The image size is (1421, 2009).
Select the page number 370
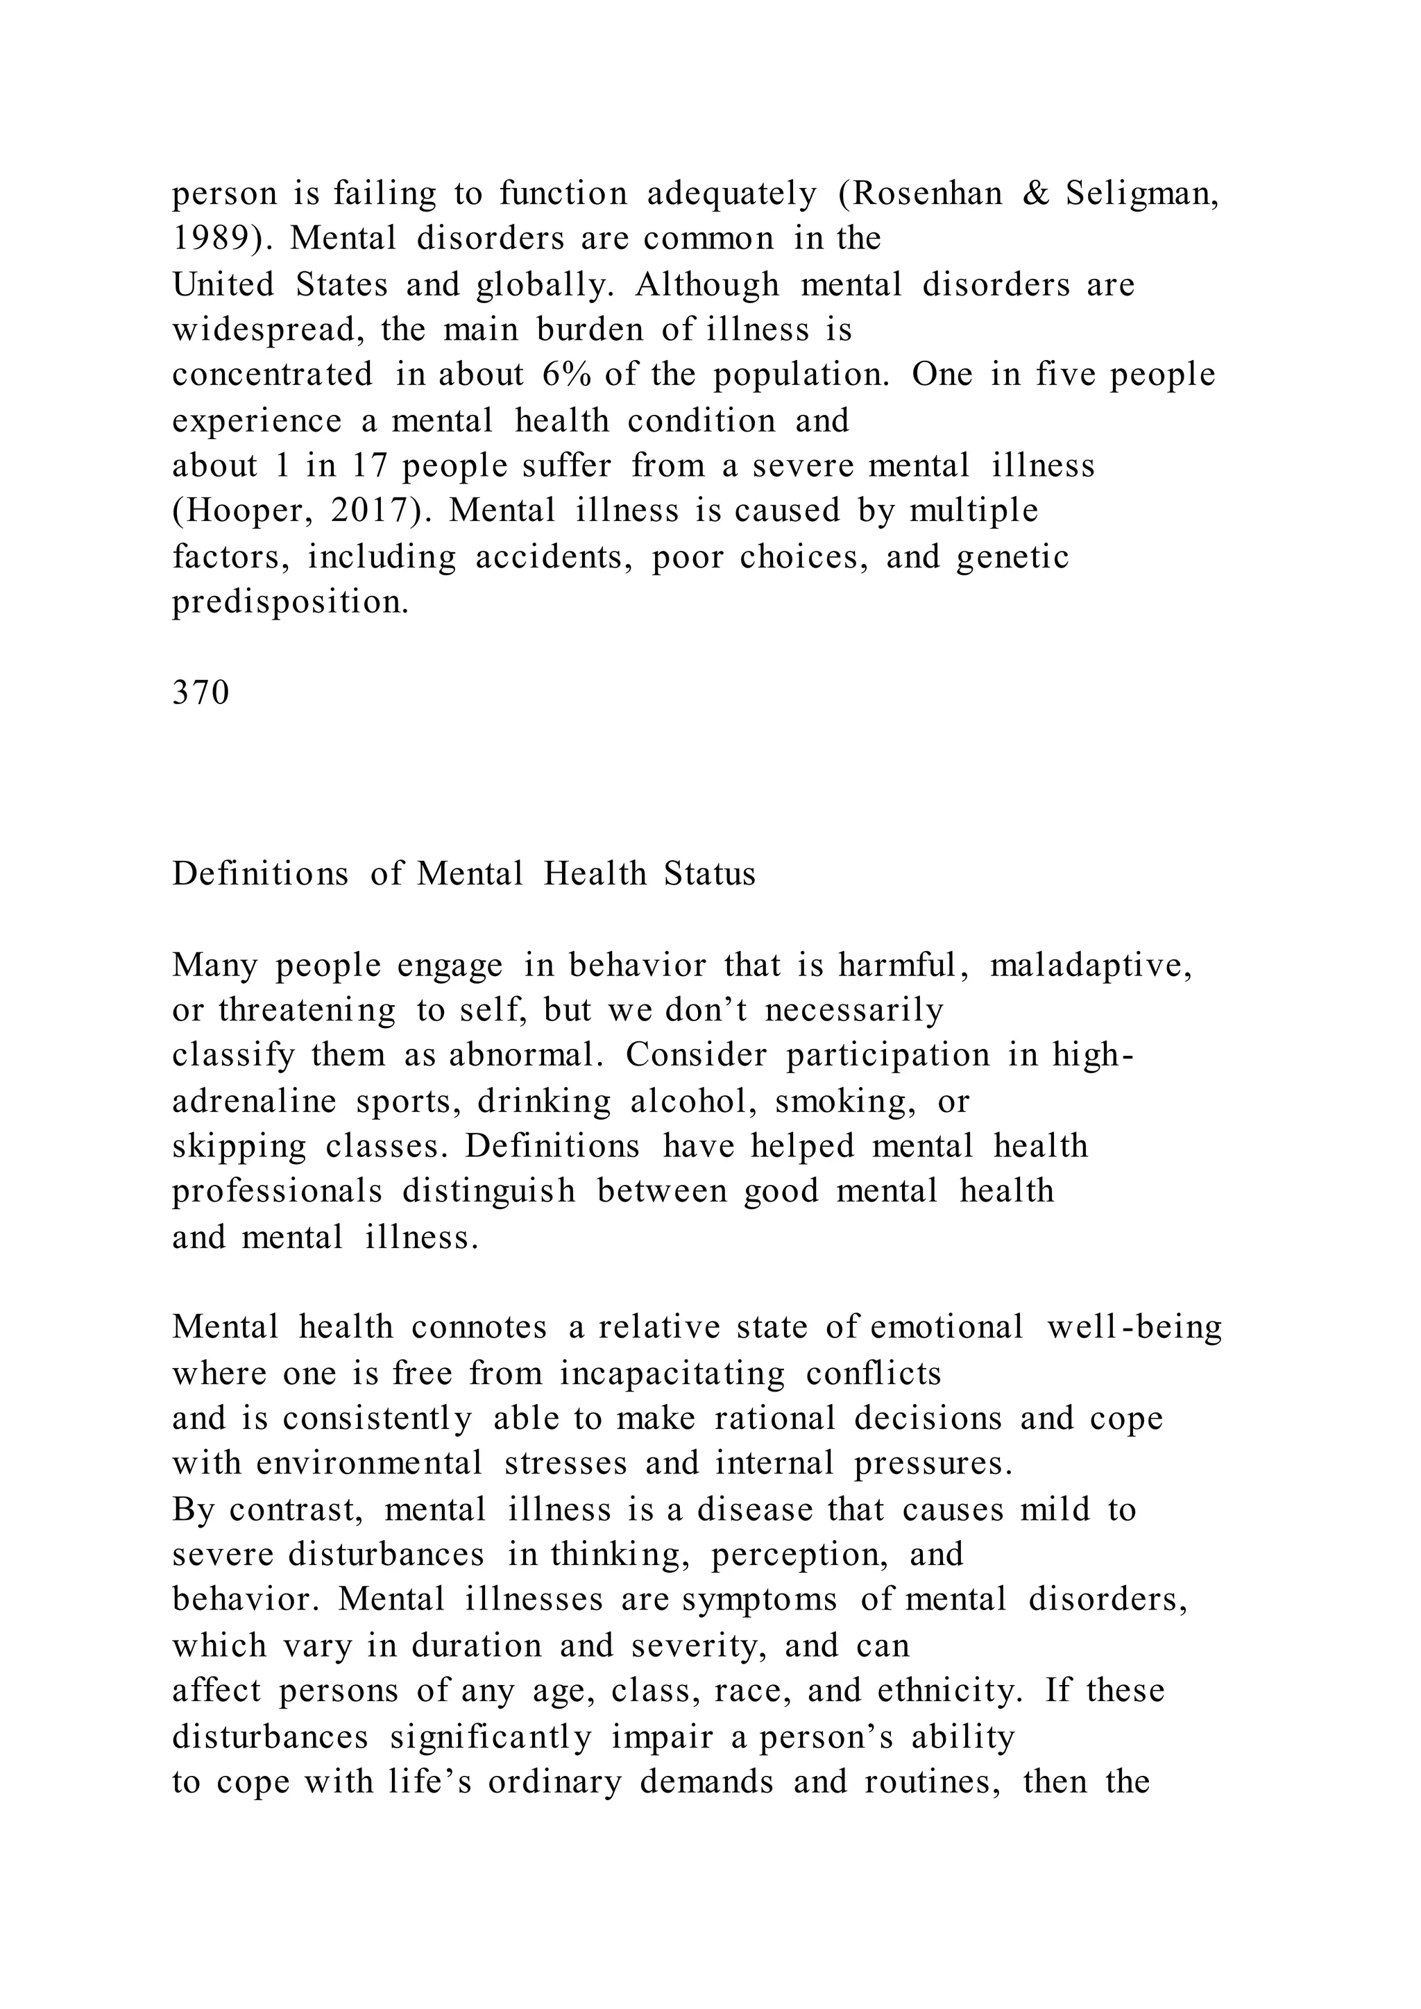201,692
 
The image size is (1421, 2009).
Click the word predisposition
289,602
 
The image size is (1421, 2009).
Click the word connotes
479,1327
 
